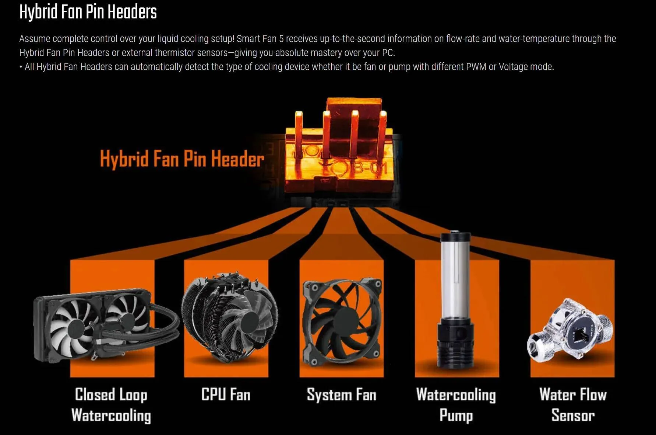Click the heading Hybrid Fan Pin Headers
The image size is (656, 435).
88,12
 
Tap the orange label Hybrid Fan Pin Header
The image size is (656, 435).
182,159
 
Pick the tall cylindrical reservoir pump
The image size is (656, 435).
455,300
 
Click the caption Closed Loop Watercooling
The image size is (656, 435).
111,405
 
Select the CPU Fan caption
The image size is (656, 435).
226,394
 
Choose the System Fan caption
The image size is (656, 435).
342,395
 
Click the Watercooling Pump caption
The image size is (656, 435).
456,405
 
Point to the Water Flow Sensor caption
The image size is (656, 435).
573,404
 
